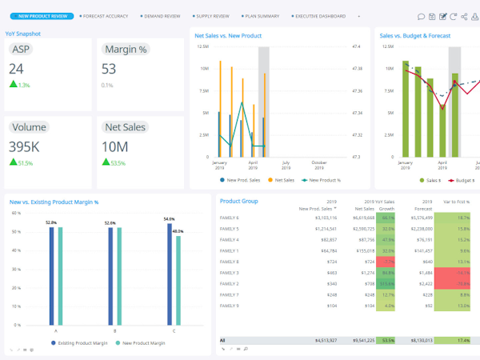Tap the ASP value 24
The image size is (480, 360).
pyautogui.click(x=17, y=69)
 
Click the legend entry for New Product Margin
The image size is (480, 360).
pyautogui.click(x=143, y=342)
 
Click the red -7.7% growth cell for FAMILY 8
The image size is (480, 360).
pyautogui.click(x=387, y=262)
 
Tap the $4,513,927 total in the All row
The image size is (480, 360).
pyautogui.click(x=321, y=340)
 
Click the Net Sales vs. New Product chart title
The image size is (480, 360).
pyautogui.click(x=228, y=35)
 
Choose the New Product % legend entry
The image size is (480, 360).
pyautogui.click(x=323, y=181)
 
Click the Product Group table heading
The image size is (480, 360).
pyautogui.click(x=238, y=201)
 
